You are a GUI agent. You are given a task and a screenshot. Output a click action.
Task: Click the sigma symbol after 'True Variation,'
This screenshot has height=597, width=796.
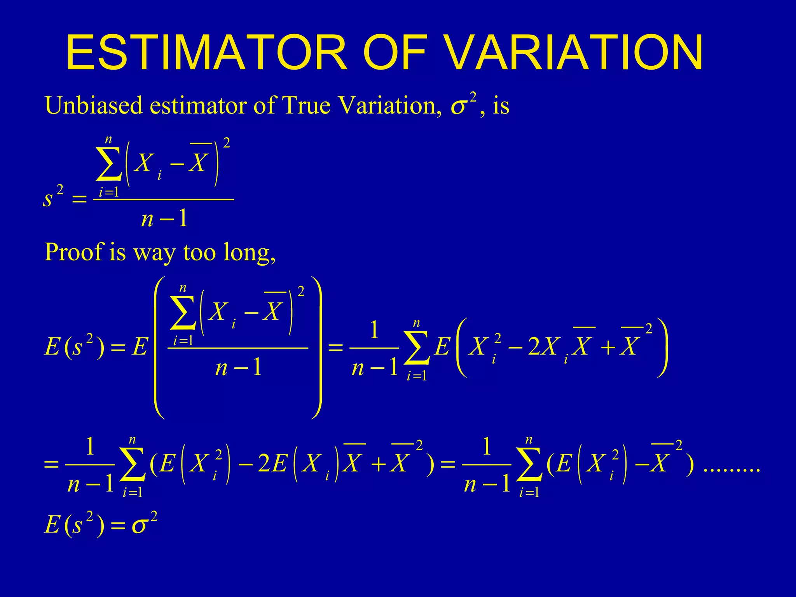point(458,107)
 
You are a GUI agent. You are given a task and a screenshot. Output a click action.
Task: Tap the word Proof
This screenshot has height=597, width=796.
point(74,253)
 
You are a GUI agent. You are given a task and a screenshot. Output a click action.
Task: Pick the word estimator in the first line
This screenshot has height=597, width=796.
point(199,105)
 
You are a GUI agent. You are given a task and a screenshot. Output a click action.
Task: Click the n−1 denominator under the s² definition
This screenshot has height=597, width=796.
point(164,219)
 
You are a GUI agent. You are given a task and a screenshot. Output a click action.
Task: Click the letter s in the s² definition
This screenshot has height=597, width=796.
point(47,199)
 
